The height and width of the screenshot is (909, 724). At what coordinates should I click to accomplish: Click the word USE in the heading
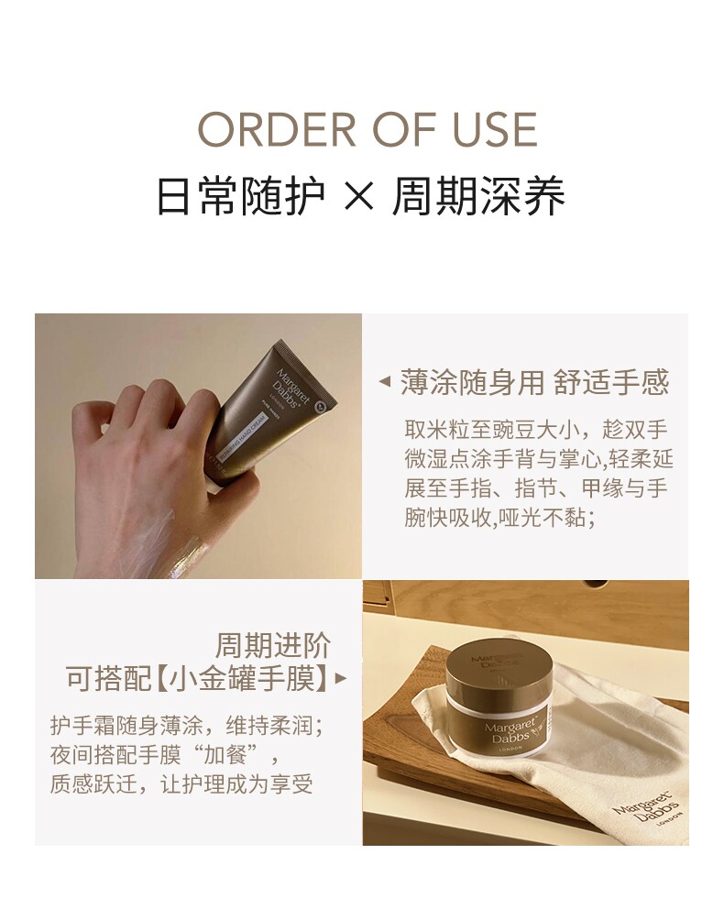495,128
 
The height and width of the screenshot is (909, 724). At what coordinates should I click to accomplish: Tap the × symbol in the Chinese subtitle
358,197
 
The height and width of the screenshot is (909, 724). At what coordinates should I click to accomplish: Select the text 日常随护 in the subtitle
240,196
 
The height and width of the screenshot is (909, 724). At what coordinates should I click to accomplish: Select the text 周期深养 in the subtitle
478,196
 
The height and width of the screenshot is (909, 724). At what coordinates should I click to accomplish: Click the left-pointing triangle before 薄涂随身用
384,382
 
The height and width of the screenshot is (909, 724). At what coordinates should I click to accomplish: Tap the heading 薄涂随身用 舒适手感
534,382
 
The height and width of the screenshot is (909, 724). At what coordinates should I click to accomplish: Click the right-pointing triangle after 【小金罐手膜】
341,678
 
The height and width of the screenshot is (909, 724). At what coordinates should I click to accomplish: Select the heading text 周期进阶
272,645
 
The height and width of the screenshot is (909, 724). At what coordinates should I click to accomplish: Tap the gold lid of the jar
499,667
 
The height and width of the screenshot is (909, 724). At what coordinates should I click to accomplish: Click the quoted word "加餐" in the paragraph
227,755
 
